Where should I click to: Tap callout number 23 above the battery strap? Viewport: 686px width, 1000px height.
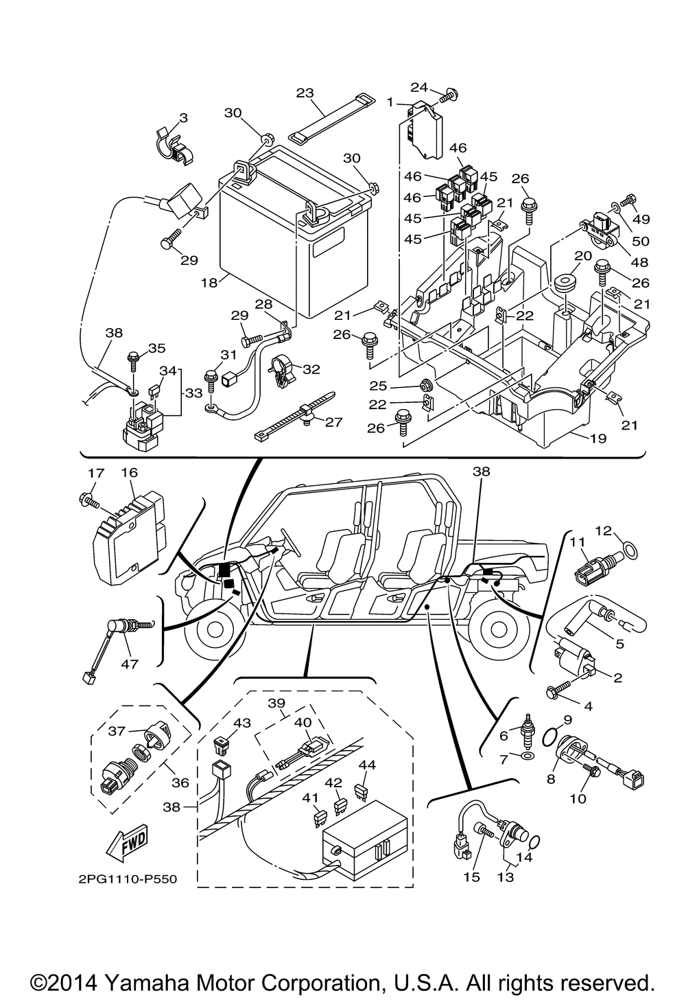[x=305, y=93]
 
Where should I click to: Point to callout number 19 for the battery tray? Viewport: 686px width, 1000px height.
[x=598, y=438]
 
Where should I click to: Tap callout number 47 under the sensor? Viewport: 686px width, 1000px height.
[x=129, y=664]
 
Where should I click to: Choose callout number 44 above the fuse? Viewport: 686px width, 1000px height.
[x=367, y=765]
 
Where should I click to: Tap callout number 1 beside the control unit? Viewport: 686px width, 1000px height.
[x=390, y=103]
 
